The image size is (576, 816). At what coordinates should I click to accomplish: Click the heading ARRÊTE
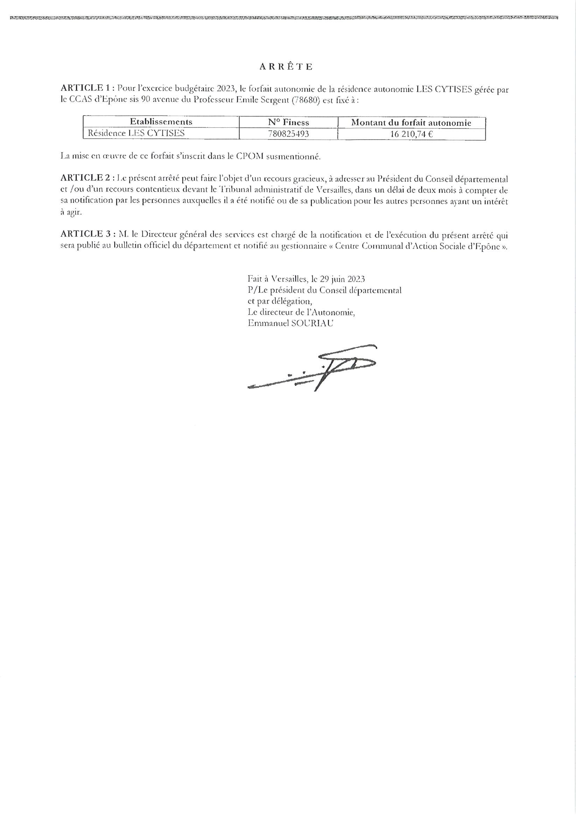286,67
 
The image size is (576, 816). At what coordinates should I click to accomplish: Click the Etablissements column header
161,122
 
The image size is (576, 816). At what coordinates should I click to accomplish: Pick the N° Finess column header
288,123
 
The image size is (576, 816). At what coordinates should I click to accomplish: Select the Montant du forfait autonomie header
411,123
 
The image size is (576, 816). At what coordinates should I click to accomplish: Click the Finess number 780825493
288,134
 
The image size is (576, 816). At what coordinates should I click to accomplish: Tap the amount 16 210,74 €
411,134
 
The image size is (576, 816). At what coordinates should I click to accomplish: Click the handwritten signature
313,368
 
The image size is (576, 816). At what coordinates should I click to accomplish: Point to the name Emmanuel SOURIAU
290,324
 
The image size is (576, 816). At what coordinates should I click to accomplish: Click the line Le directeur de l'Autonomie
301,312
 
